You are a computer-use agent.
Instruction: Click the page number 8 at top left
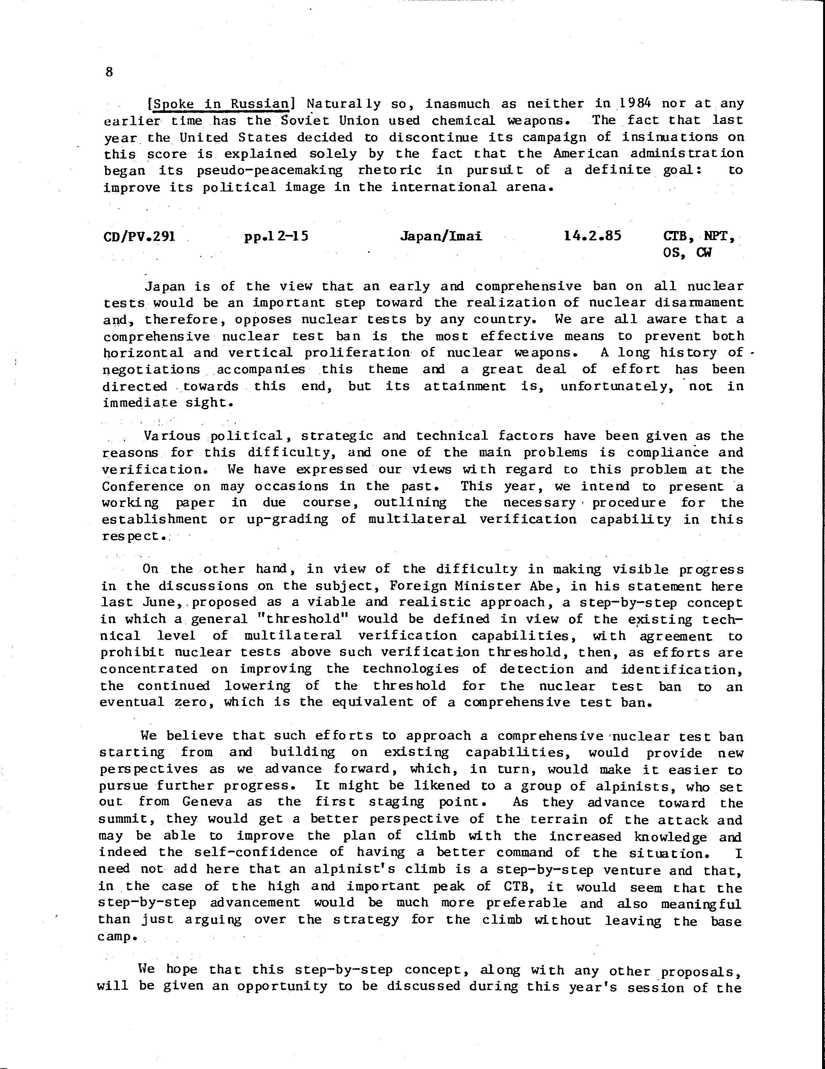pyautogui.click(x=109, y=72)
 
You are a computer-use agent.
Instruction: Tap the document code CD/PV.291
pyautogui.click(x=139, y=237)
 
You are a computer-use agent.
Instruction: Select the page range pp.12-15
pyautogui.click(x=277, y=237)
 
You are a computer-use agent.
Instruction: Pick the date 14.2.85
pyautogui.click(x=592, y=237)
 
